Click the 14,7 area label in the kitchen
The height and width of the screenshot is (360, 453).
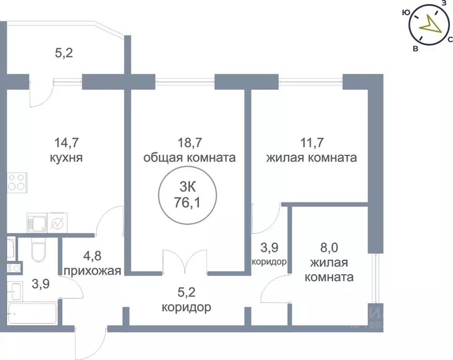[66, 141]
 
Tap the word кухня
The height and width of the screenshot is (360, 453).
[66, 157]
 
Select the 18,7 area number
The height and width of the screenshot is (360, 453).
[189, 141]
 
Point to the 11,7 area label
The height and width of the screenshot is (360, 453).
[311, 141]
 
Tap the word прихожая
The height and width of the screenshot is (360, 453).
[92, 271]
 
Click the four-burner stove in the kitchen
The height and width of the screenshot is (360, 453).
[17, 182]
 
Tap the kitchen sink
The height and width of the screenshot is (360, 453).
[38, 223]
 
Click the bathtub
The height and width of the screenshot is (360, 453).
[32, 314]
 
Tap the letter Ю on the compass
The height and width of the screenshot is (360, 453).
[406, 14]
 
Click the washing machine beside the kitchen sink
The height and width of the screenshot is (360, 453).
[58, 223]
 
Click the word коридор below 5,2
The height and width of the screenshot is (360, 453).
[186, 308]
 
